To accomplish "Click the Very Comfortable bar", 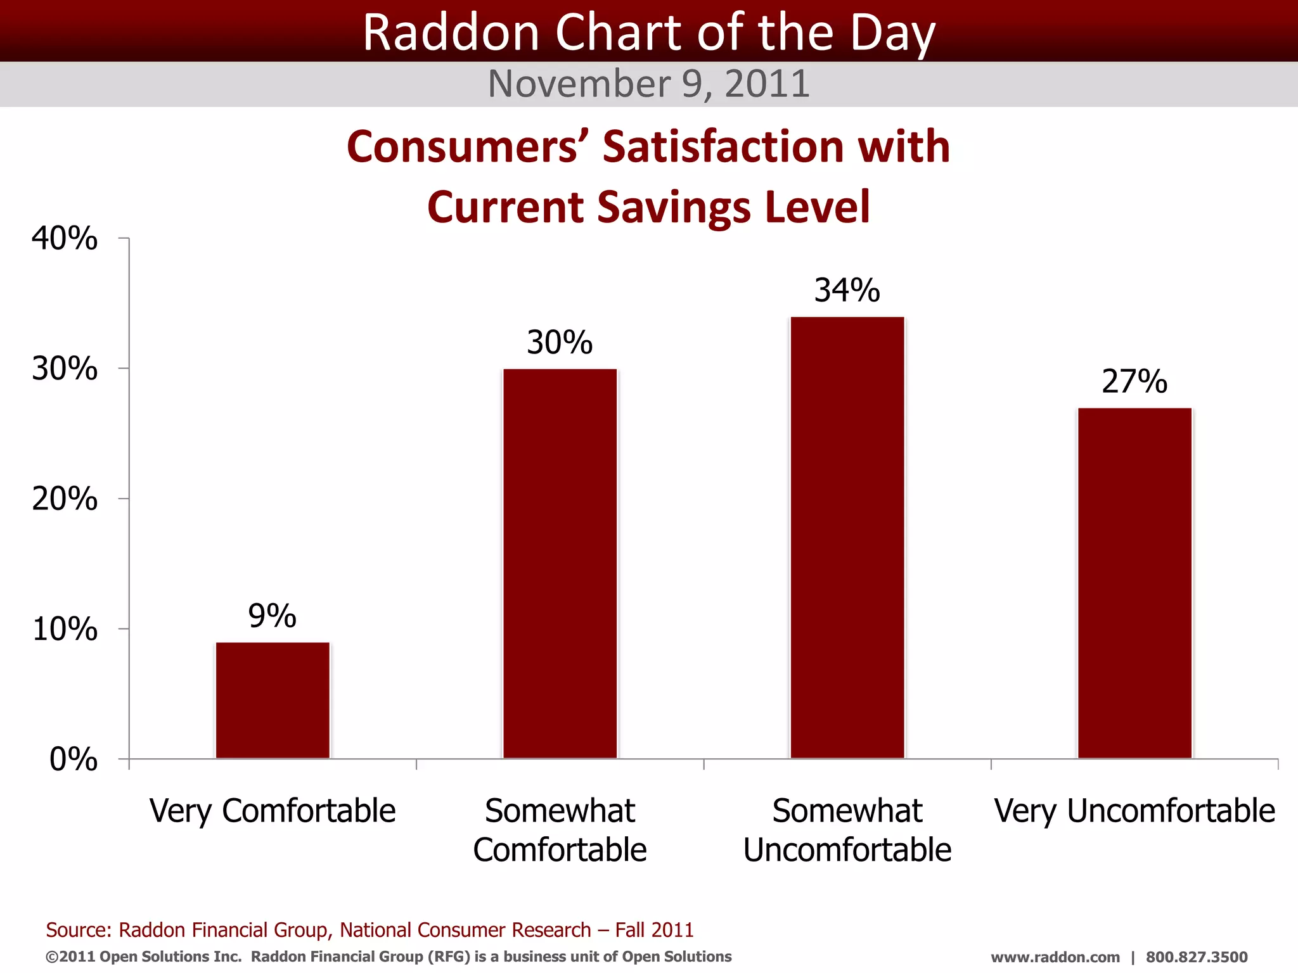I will tap(273, 700).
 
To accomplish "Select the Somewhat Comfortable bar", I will tap(560, 563).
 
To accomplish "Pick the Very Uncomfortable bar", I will tap(1134, 583).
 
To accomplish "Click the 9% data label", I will tap(272, 616).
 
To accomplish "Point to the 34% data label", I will tap(847, 290).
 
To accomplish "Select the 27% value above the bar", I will tap(1134, 381).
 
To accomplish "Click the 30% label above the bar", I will tap(559, 342).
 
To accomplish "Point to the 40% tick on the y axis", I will tap(65, 239).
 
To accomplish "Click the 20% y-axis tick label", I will tap(65, 499).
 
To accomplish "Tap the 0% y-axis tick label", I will tap(74, 759).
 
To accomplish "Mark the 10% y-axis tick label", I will tap(65, 629).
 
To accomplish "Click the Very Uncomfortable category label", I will tap(1134, 811).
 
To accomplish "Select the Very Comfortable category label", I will tap(273, 811).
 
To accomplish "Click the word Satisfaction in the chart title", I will tap(723, 146).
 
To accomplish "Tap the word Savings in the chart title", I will tap(674, 207).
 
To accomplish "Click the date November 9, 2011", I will tap(648, 84).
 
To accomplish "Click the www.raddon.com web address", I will tap(1055, 957).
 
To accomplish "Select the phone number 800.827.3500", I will tap(1197, 957).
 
